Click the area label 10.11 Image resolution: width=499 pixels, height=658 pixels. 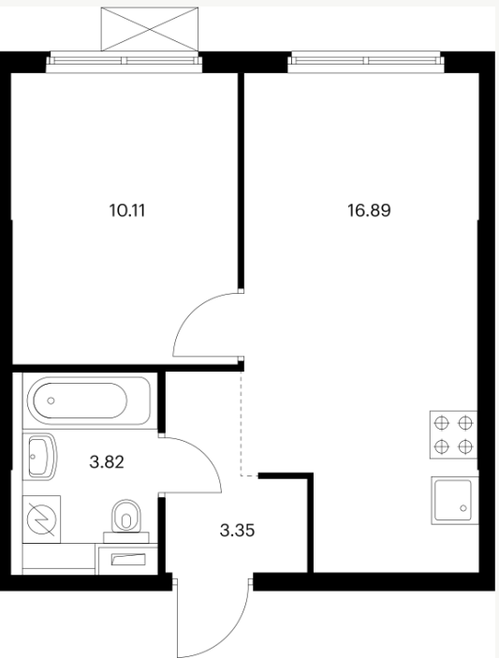[x=127, y=211]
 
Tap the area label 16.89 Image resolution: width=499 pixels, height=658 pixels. [x=369, y=211]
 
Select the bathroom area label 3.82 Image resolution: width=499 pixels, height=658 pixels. [x=107, y=462]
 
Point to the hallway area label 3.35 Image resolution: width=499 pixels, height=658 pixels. [x=238, y=531]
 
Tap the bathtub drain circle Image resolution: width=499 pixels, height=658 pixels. [x=51, y=401]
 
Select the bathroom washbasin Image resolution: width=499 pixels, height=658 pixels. [x=42, y=457]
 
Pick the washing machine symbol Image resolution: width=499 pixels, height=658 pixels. [x=41, y=519]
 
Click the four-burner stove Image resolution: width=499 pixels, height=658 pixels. [x=453, y=434]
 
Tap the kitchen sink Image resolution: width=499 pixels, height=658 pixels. [x=454, y=501]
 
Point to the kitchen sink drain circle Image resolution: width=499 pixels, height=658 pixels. [x=463, y=508]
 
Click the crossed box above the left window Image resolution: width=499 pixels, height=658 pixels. [x=150, y=29]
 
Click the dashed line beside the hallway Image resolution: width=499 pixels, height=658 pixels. [x=242, y=425]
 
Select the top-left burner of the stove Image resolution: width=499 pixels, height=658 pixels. [x=442, y=423]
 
